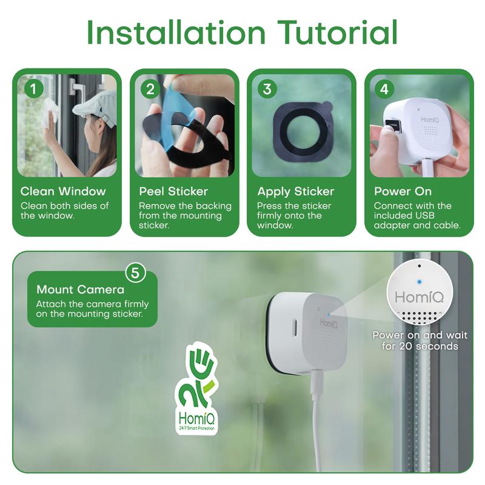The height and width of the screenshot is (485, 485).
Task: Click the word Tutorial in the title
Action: [338, 32]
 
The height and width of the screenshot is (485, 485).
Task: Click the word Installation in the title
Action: [176, 32]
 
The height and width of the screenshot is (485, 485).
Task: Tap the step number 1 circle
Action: [33, 89]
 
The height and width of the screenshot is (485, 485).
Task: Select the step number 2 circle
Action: [150, 89]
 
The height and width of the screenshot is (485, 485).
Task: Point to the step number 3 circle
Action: [267, 89]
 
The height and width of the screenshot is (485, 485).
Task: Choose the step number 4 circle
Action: [384, 89]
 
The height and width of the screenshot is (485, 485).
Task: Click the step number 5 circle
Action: [135, 273]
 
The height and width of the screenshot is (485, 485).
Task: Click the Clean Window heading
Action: [63, 191]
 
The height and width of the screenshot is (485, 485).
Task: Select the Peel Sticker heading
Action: [173, 191]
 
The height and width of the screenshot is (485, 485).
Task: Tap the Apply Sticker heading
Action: [296, 192]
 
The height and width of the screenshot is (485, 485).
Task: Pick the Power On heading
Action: [403, 191]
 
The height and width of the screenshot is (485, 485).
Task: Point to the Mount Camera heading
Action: [81, 290]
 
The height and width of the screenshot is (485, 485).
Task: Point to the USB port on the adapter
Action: [393, 124]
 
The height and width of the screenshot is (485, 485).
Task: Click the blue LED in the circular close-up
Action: [419, 282]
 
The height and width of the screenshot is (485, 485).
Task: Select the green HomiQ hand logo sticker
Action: [196, 388]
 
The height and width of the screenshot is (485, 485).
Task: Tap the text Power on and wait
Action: [420, 335]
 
